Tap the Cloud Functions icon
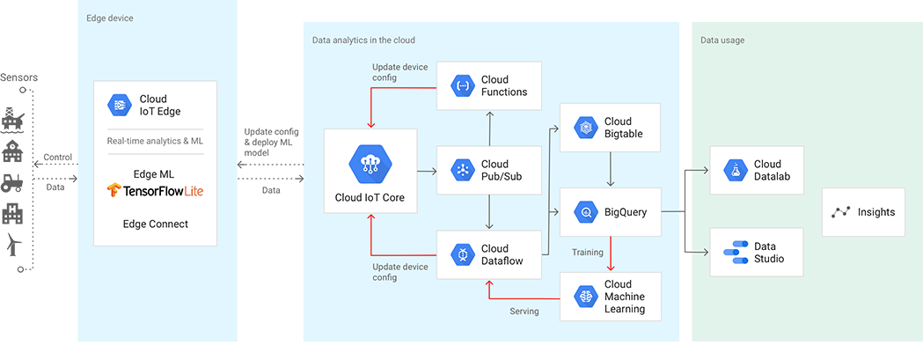(463, 85)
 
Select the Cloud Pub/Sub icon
(463, 170)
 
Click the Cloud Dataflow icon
(463, 254)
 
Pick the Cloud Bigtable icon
(586, 128)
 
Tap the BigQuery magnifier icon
(586, 212)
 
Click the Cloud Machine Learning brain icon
(586, 297)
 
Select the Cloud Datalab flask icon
(735, 170)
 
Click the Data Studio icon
(735, 253)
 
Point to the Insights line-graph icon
(841, 212)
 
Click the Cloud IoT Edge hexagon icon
(119, 105)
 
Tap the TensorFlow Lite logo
(155, 190)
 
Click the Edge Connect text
(155, 224)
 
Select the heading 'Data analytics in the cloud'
(363, 40)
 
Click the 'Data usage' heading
(722, 40)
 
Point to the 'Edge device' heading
(110, 18)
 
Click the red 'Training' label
(588, 253)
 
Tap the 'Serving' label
(525, 311)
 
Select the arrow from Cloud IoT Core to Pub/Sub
(426, 170)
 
